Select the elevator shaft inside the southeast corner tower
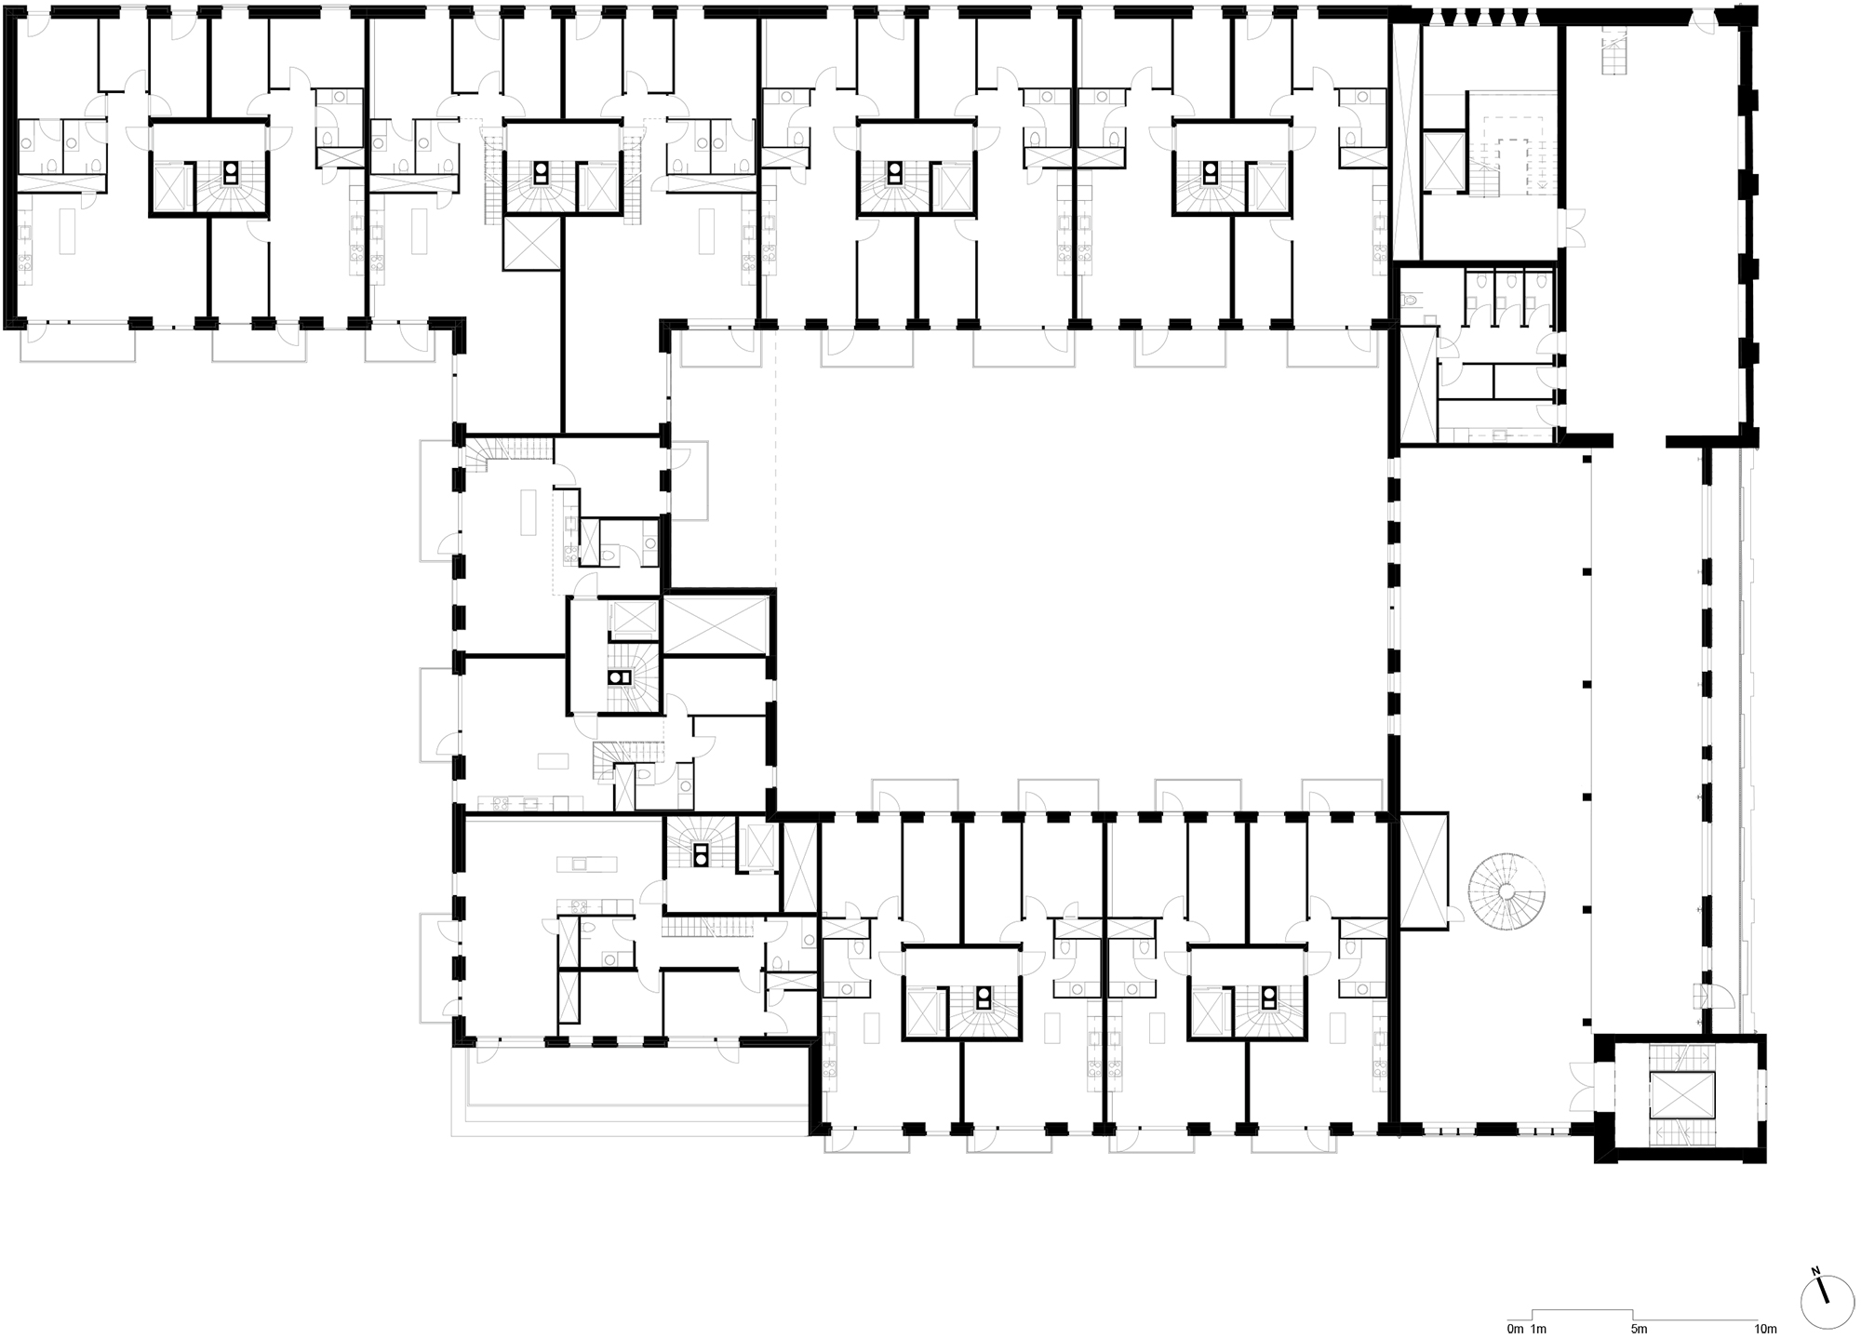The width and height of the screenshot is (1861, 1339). tap(1681, 1094)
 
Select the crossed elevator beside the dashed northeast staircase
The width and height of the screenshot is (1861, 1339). tap(1443, 162)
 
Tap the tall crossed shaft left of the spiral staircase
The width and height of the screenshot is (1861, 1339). tap(1424, 870)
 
